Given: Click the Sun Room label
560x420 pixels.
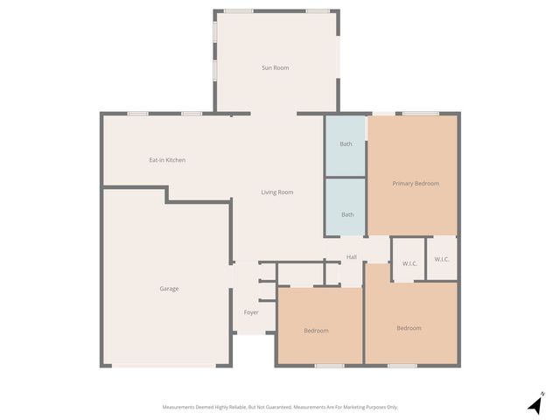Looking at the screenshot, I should click(x=275, y=67).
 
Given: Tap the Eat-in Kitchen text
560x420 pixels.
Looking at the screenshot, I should click(x=167, y=160).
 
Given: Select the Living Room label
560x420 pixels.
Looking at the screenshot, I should click(x=277, y=192).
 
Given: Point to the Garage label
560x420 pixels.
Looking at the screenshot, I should click(x=169, y=288).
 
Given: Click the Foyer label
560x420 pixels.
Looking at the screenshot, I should click(x=251, y=312).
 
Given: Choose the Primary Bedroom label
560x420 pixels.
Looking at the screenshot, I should click(x=415, y=184).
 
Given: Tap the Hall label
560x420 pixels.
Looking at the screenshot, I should click(x=352, y=257).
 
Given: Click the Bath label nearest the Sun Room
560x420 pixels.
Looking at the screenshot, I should click(x=346, y=143).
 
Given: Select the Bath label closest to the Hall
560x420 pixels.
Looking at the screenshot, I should click(x=347, y=214).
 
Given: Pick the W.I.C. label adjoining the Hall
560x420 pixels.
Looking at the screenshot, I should click(x=409, y=262).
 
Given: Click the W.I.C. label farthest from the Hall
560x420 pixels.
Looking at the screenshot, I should click(x=442, y=259).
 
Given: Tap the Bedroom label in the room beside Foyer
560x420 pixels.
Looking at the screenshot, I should click(x=316, y=330).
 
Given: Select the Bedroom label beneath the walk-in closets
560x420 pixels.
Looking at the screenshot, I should click(x=409, y=328).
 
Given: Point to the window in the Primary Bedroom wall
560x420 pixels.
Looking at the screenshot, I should click(x=421, y=113).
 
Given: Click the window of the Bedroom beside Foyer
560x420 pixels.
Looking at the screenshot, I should click(x=329, y=365).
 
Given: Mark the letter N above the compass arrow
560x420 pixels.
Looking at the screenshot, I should click(x=542, y=393).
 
